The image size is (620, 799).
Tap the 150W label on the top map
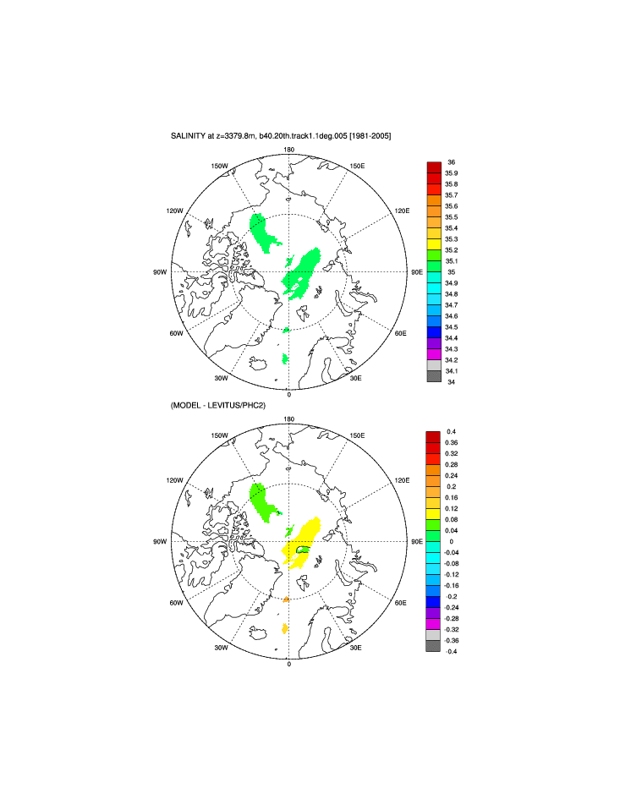pos(220,166)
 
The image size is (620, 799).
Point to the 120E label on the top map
pos(401,211)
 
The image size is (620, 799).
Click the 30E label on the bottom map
pos(356,648)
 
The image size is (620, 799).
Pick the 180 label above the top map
pos(288,150)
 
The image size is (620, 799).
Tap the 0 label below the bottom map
pos(289,665)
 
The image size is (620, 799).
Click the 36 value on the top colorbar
pos(451,161)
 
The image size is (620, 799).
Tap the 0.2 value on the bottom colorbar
pos(451,487)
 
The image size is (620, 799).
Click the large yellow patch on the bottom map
pos(305,541)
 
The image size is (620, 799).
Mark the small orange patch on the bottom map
pos(288,599)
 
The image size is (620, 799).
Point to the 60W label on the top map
pos(177,333)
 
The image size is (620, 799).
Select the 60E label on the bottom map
pos(401,603)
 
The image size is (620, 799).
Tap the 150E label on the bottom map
pos(357,435)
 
